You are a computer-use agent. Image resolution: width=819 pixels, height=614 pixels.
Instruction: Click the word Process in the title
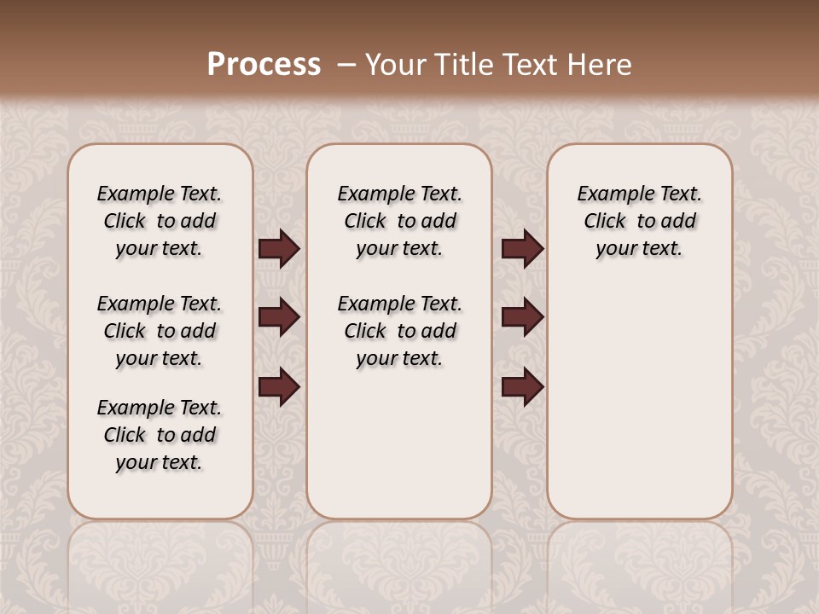[264, 65]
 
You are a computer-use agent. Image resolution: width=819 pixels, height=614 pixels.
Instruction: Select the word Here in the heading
[600, 65]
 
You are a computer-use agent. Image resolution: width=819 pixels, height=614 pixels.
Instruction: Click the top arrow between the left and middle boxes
[279, 249]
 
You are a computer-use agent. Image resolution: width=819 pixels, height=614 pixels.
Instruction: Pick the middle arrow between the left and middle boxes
[279, 318]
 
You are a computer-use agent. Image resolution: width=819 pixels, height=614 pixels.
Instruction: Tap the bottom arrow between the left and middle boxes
[279, 386]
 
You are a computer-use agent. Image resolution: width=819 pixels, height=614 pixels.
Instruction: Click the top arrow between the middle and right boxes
[522, 249]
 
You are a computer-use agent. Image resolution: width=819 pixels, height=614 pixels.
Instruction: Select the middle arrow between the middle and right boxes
[522, 318]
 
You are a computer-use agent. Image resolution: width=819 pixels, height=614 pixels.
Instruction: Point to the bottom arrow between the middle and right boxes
[522, 386]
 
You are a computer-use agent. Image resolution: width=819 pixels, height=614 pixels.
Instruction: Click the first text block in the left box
[160, 221]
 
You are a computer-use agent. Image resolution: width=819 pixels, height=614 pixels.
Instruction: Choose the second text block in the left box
[160, 331]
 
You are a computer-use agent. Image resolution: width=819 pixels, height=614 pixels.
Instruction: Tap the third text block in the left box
[160, 435]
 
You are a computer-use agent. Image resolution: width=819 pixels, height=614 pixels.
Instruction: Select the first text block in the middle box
[399, 221]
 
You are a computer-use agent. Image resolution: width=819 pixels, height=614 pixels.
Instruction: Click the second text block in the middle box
[399, 331]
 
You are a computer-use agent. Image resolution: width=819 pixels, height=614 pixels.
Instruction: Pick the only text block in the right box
[639, 221]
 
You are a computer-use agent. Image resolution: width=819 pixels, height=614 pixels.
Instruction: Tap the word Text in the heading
[531, 65]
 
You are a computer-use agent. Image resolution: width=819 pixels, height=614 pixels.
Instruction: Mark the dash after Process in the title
[346, 65]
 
